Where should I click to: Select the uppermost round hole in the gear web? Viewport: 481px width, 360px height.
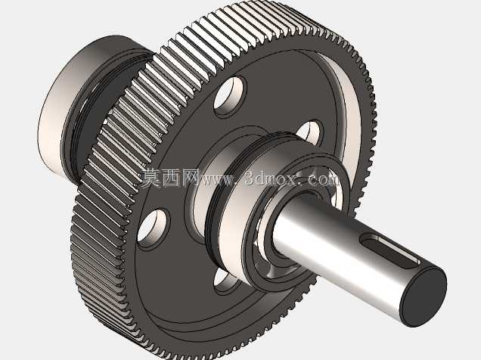click(x=229, y=96)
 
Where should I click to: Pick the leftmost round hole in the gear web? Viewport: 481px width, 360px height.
click(x=152, y=228)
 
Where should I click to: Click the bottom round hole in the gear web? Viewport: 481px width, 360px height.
click(x=226, y=280)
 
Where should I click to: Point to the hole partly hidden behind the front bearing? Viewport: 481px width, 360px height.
click(x=311, y=132)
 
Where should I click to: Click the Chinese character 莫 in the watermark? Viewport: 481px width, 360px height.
click(x=151, y=178)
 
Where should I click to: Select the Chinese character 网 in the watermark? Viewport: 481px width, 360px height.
click(x=191, y=178)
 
